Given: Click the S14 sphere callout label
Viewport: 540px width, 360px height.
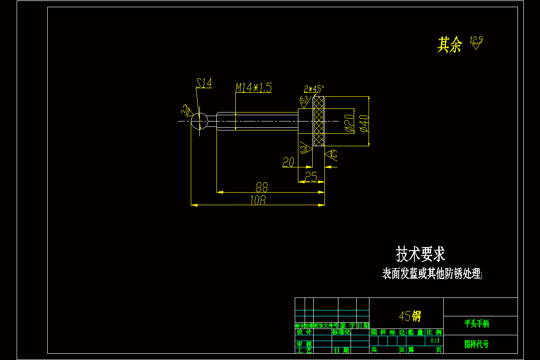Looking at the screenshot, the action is [x=204, y=83].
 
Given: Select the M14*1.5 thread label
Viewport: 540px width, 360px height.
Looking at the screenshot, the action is [x=254, y=87].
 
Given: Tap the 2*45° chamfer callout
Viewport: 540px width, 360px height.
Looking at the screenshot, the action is [x=314, y=88].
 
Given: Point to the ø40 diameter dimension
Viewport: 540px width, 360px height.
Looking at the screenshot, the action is [x=364, y=123].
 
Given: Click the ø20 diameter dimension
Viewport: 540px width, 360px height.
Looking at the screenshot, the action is [x=349, y=123].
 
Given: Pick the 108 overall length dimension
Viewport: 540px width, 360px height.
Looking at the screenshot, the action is [x=258, y=200].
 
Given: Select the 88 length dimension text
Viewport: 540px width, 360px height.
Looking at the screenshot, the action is [x=262, y=187].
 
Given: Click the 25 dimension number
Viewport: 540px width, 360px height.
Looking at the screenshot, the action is [x=311, y=176].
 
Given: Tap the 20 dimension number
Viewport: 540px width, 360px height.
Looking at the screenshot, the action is [x=288, y=162].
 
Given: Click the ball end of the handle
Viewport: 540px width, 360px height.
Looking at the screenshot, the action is [x=199, y=121].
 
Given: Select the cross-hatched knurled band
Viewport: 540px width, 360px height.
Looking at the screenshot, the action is [x=319, y=121].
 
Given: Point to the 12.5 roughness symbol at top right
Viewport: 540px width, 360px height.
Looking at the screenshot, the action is [x=476, y=43].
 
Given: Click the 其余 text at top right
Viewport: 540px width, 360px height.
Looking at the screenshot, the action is [x=450, y=45].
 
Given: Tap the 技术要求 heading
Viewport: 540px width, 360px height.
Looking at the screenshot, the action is [x=420, y=254].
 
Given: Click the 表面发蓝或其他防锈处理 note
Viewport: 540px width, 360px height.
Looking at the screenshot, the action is [x=432, y=274].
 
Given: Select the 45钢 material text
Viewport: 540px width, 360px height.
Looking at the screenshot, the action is [x=409, y=316].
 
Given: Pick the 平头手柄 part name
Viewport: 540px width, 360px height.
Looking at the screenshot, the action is [x=477, y=323].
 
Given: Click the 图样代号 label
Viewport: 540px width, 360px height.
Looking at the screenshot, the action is [x=477, y=344].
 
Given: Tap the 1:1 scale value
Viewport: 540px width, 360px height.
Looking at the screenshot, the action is [x=435, y=341].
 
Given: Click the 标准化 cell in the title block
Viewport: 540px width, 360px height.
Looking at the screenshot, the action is [x=342, y=332].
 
